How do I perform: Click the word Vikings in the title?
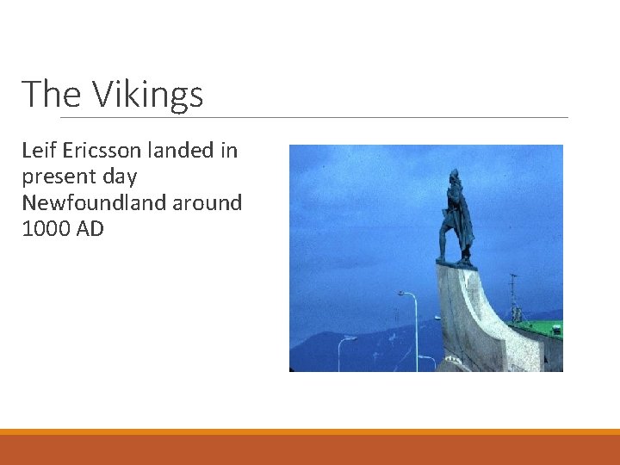click(147, 94)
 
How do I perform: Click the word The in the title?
click(53, 94)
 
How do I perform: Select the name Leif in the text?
click(38, 151)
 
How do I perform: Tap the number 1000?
click(43, 229)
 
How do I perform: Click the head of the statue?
click(454, 176)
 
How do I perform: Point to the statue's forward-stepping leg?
click(444, 241)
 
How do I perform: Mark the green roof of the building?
click(539, 329)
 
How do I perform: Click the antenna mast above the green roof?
click(514, 297)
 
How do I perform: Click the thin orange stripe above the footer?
click(310, 431)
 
